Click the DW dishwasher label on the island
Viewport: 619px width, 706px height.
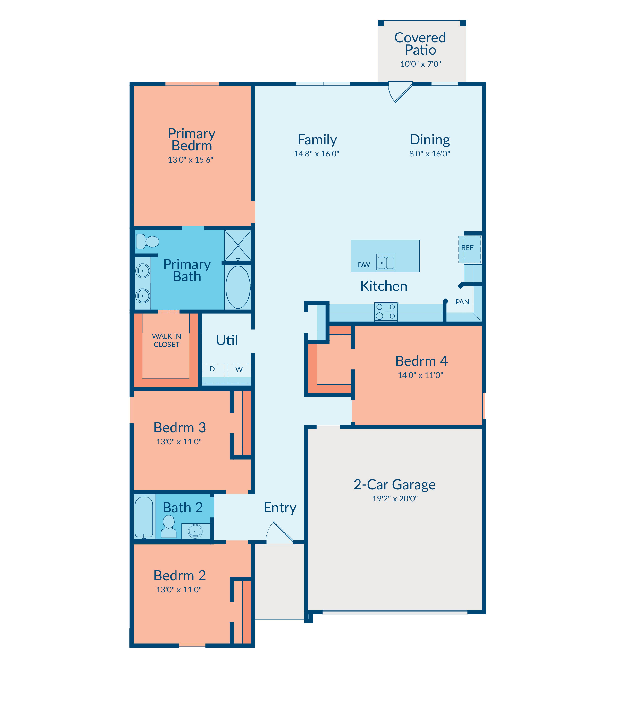tap(364, 265)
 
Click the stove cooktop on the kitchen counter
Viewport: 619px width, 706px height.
tap(386, 312)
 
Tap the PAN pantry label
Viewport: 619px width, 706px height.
tap(462, 302)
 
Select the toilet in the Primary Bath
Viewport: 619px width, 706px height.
tap(147, 242)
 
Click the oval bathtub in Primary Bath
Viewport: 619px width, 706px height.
tap(238, 287)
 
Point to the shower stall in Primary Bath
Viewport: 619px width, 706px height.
tap(238, 246)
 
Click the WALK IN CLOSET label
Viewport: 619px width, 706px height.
tap(167, 340)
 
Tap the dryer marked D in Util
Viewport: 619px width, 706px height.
tap(213, 374)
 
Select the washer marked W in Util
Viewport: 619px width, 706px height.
tap(239, 374)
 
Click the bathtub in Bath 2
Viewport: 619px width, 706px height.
tap(144, 517)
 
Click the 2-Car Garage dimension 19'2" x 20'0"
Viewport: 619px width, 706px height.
tap(395, 499)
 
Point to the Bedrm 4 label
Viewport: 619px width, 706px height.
tap(421, 361)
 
